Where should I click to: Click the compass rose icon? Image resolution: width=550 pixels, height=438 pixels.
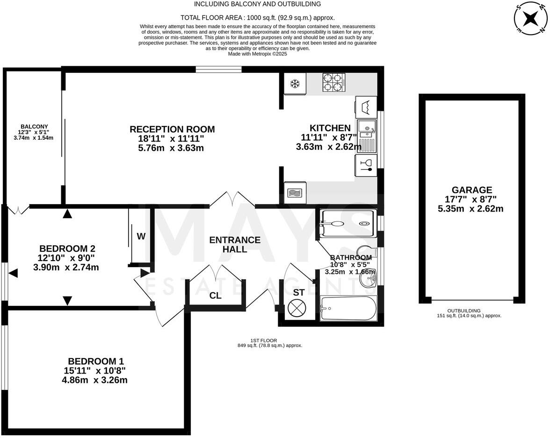530,19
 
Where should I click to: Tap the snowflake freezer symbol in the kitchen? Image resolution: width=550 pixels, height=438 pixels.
295,84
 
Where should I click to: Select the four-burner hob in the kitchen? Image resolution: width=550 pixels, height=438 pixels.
333,83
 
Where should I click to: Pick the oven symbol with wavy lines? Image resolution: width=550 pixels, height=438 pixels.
295,192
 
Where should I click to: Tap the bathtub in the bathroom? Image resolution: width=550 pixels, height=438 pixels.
348,308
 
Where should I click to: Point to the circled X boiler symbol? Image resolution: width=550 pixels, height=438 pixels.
297,309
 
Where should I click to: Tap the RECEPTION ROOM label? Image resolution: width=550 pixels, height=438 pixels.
172,129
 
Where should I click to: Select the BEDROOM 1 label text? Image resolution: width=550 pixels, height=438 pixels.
96,361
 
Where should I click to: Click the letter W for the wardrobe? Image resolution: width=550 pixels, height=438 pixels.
141,236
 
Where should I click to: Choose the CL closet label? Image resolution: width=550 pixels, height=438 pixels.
215,296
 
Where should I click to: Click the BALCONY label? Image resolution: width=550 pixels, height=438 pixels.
34,126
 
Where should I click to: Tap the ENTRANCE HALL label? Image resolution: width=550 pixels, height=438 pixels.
235,245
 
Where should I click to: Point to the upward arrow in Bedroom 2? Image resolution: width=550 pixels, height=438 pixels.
68,214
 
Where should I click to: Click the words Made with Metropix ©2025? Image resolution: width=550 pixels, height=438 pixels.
257,54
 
